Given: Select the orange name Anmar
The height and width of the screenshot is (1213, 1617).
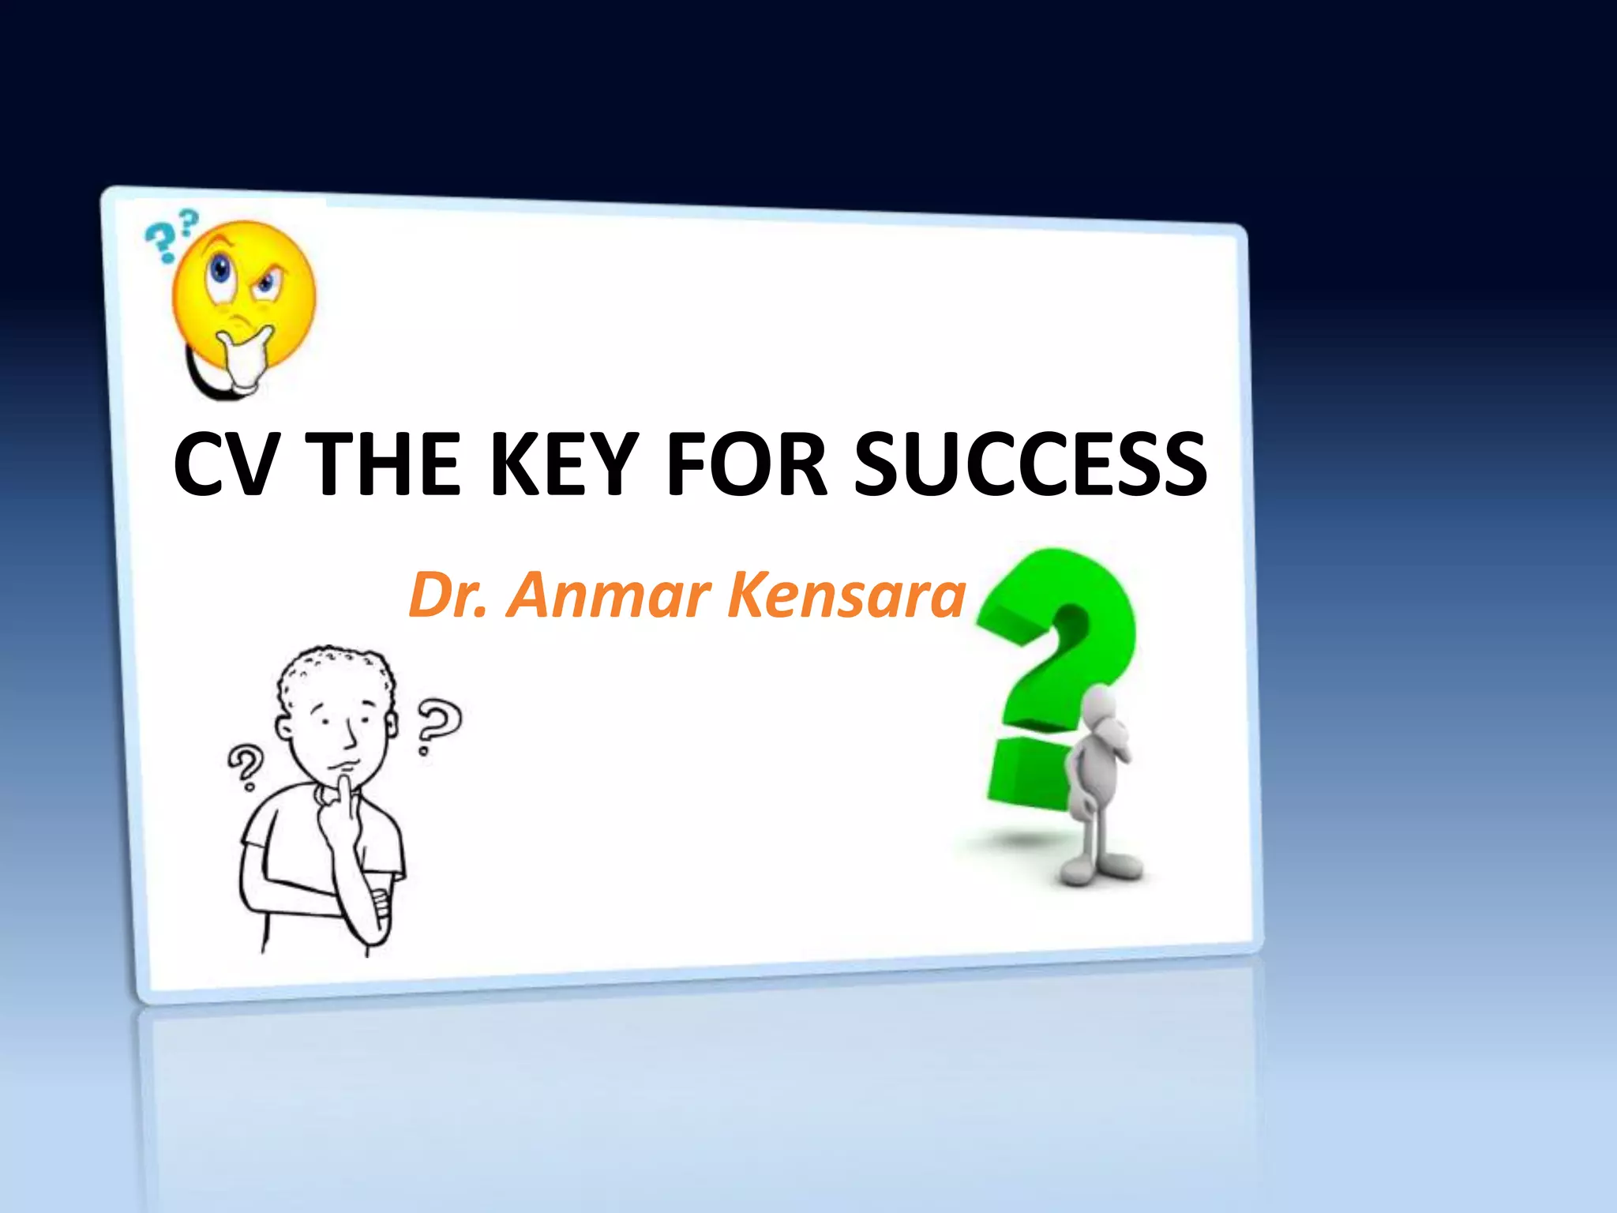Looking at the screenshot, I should (x=609, y=595).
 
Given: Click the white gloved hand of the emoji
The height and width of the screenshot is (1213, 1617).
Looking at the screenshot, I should (x=245, y=359).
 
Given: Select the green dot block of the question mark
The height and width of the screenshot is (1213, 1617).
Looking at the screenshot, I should (x=1026, y=774).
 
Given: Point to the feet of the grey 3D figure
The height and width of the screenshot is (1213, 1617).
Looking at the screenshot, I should (x=1101, y=869).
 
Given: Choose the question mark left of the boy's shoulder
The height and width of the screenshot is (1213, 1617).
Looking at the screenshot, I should (x=246, y=766).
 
